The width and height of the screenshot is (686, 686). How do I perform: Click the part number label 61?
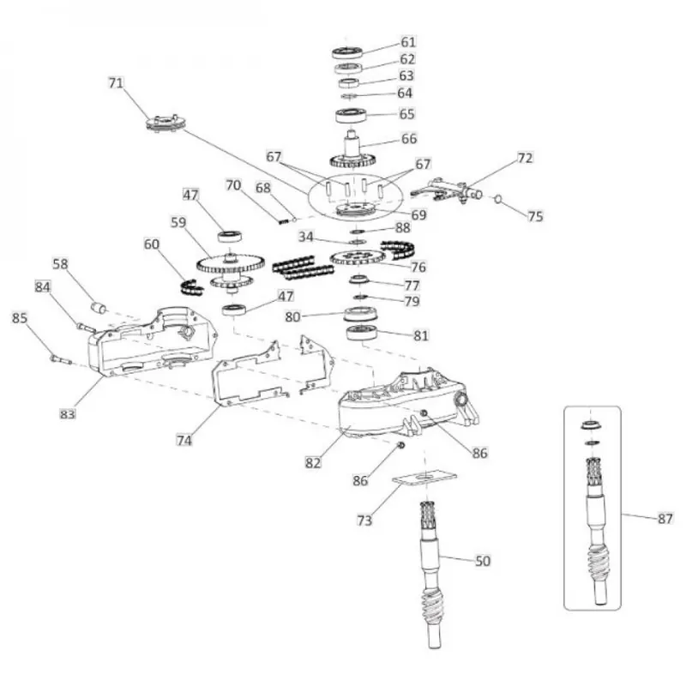[408, 42]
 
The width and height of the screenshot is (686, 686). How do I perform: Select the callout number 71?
[116, 82]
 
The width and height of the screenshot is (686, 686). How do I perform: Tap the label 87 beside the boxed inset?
[665, 519]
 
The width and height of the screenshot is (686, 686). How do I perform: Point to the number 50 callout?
[483, 561]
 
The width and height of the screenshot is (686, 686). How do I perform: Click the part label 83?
[68, 413]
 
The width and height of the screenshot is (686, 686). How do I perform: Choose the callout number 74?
[184, 440]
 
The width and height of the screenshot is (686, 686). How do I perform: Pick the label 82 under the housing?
[313, 462]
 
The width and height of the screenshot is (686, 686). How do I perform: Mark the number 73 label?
[364, 521]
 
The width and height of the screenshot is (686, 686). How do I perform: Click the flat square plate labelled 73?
[424, 478]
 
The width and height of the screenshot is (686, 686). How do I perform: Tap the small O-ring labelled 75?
[498, 200]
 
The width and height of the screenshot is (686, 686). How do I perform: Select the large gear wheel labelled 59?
[230, 263]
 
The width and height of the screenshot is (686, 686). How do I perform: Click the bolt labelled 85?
[61, 359]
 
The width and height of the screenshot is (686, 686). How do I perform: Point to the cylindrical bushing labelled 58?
[99, 308]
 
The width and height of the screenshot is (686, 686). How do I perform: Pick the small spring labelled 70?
[284, 221]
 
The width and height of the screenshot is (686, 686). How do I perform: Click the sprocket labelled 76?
[358, 258]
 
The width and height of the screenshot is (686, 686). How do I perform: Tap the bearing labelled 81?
[362, 333]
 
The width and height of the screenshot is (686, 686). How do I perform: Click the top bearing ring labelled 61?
[347, 53]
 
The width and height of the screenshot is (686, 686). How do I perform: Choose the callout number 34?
[306, 237]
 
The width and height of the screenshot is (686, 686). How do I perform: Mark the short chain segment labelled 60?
[192, 286]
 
